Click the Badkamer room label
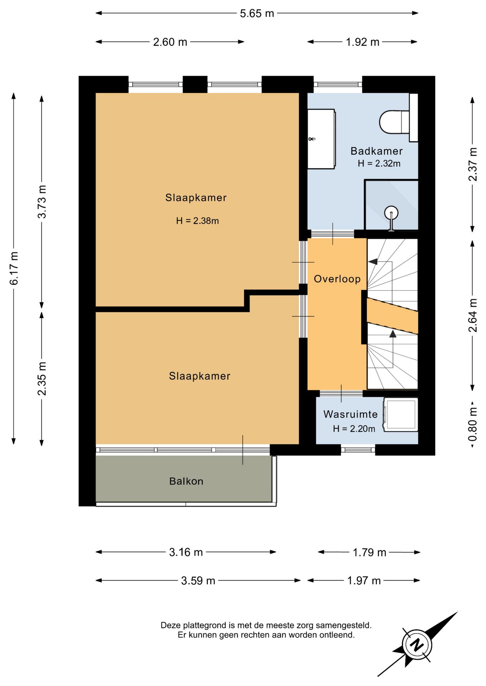tap(376, 151)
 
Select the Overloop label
tap(337, 279)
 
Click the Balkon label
tap(186, 481)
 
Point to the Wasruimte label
tap(350, 414)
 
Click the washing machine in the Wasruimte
tap(400, 414)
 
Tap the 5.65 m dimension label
tap(257, 14)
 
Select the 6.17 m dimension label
tap(14, 268)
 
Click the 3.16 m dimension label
tap(186, 552)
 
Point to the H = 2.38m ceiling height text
tap(197, 221)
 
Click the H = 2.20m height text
tap(354, 429)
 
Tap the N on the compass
tap(417, 645)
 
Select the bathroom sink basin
tap(321, 139)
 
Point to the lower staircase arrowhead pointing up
tap(393, 334)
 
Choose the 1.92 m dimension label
tap(362, 42)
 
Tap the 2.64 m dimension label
tap(472, 315)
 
